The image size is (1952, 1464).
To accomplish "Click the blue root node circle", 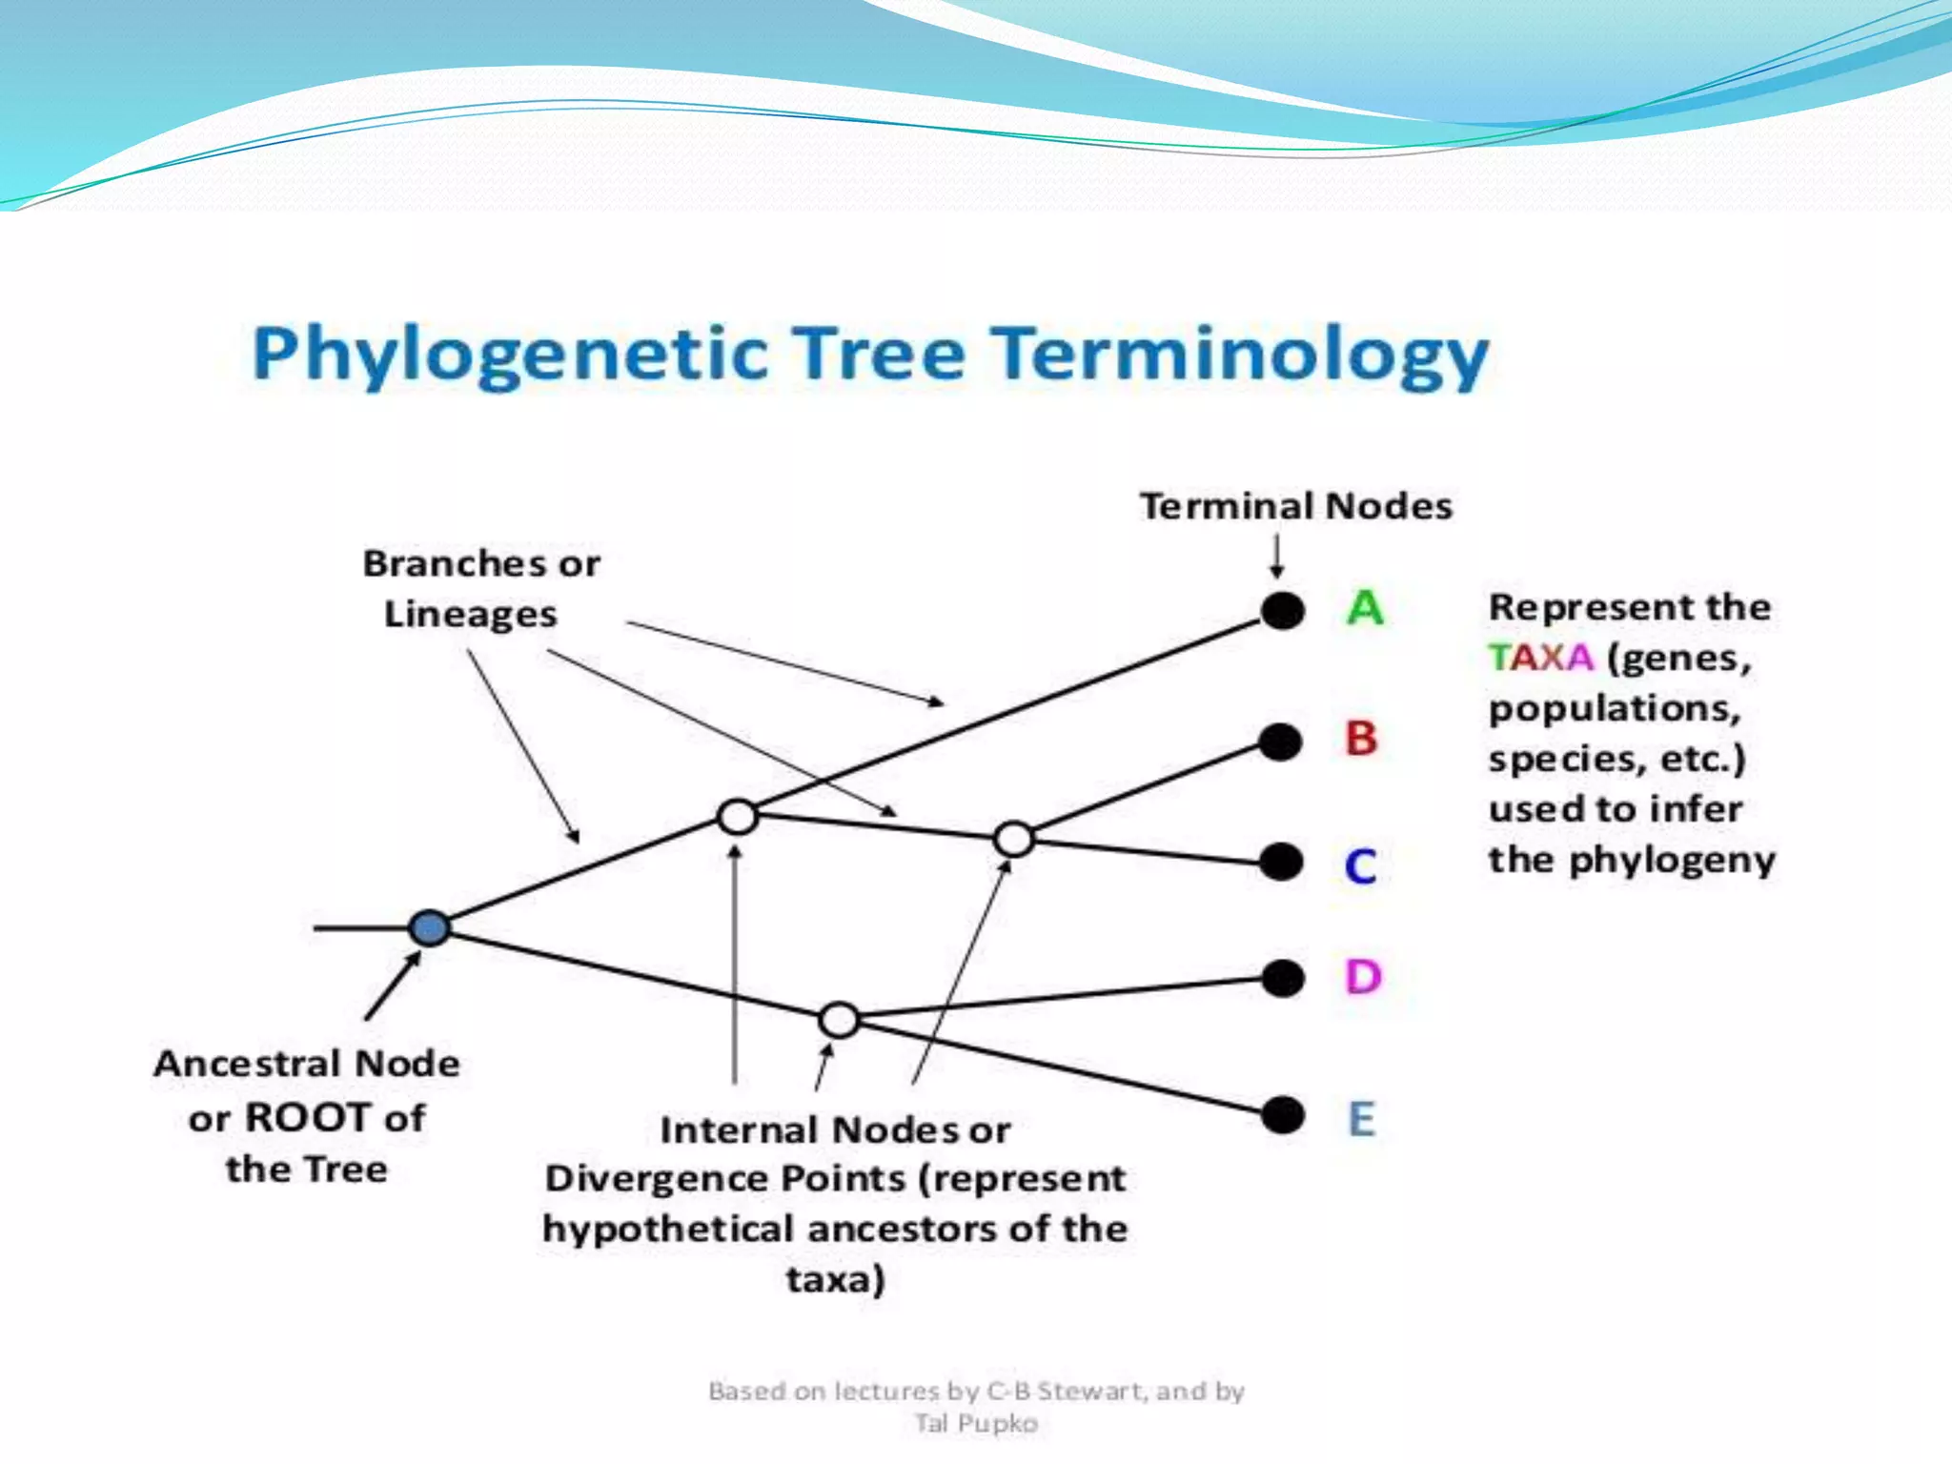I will [429, 927].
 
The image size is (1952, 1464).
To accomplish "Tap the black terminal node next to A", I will [1283, 610].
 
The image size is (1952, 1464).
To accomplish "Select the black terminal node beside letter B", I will [1280, 742].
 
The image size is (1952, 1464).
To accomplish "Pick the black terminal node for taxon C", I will [1281, 862].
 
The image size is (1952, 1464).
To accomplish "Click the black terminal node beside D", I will [1283, 977].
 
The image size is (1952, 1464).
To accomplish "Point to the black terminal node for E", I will [1283, 1114].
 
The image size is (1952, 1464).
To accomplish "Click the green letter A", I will [1365, 607].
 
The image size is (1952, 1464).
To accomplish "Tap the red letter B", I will [1361, 739].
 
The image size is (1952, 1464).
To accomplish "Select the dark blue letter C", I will [1360, 865].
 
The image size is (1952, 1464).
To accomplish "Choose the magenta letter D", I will [1363, 977].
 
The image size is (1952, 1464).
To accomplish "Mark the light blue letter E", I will [1362, 1118].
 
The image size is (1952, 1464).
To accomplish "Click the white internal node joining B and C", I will [1013, 839].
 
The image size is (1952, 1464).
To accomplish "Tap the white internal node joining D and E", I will [839, 1020].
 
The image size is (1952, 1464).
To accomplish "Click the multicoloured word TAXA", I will [1541, 658].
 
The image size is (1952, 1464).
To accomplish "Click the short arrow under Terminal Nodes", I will [1276, 555].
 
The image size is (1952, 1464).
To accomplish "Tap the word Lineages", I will [470, 614].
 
